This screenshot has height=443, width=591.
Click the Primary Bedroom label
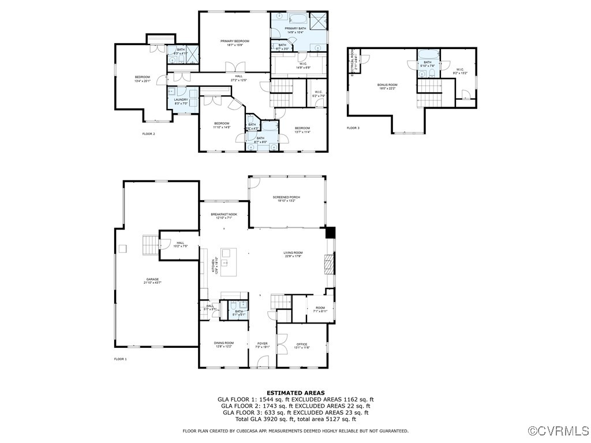pos(235,41)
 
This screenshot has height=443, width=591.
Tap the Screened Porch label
pos(287,197)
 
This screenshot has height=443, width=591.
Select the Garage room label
pos(152,279)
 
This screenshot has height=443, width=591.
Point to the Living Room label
pos(293,253)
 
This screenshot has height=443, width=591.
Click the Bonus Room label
pos(387,85)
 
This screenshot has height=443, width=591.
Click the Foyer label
pos(263,344)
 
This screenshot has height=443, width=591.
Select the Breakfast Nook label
pos(224,214)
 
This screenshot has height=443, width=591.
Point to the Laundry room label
pos(181,100)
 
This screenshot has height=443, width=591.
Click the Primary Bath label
pos(295,28)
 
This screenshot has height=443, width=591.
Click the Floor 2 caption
pos(149,134)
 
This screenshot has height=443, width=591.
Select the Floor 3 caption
pos(353,128)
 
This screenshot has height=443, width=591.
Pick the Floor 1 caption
pos(120,359)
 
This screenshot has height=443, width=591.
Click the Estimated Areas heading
pos(295,392)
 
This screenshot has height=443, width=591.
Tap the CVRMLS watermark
pos(559,431)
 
